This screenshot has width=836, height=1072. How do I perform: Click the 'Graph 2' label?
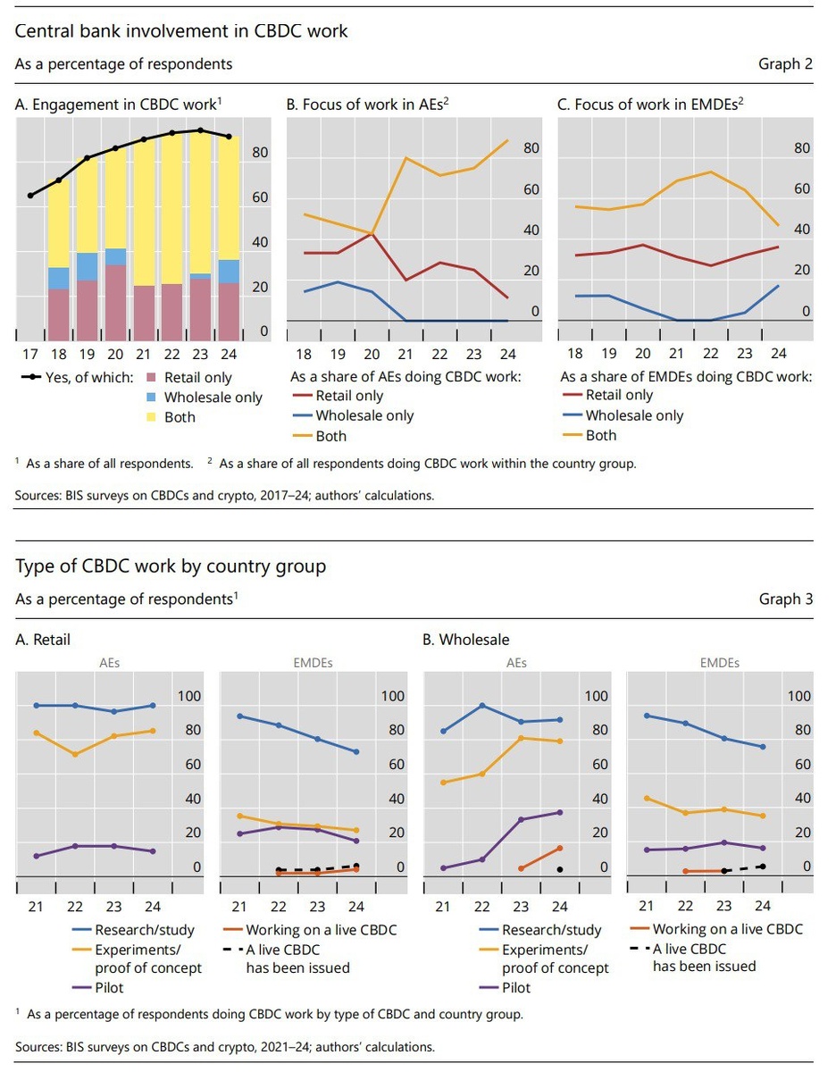pyautogui.click(x=785, y=63)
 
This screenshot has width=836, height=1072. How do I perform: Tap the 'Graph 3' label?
pyautogui.click(x=785, y=599)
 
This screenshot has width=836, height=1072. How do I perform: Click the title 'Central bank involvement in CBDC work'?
pyautogui.click(x=181, y=31)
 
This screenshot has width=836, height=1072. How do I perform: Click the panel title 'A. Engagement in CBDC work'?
pyautogui.click(x=118, y=105)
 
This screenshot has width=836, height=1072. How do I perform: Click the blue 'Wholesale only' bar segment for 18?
pyautogui.click(x=58, y=278)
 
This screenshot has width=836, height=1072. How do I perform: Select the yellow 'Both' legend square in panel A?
pyautogui.click(x=149, y=417)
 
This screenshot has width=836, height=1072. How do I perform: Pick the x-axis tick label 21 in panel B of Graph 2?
pyautogui.click(x=405, y=352)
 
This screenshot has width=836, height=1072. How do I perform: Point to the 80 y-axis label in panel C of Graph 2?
pyautogui.click(x=801, y=148)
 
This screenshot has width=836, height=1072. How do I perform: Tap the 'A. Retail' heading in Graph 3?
pyautogui.click(x=43, y=640)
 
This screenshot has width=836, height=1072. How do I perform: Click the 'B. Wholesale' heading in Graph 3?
pyautogui.click(x=464, y=640)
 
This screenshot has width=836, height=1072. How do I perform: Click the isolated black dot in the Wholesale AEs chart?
pyautogui.click(x=560, y=869)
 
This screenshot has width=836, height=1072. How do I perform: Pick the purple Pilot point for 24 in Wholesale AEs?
pyautogui.click(x=560, y=812)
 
